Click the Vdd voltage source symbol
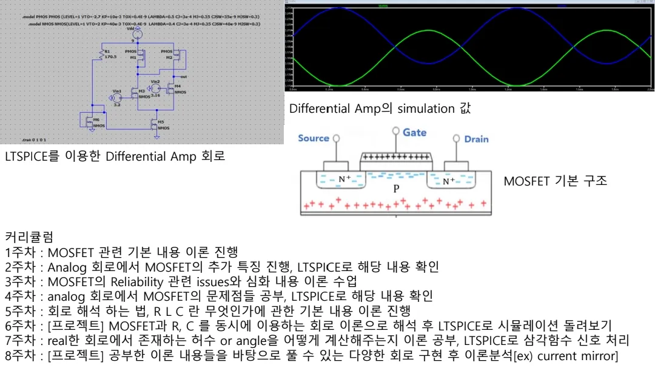coord(138,35)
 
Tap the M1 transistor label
coord(134,58)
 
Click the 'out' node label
coord(184,77)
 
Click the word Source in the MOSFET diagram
coord(313,138)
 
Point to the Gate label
coord(414,132)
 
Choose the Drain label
coord(476,139)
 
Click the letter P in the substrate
coord(396,188)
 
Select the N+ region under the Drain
coord(449,181)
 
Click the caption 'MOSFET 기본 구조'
coord(555,181)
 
